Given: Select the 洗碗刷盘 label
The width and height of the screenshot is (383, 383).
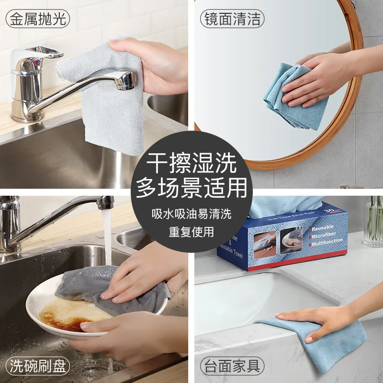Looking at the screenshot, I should click(x=38, y=367).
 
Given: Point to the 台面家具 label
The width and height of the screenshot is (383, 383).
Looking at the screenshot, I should click(x=232, y=367).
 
